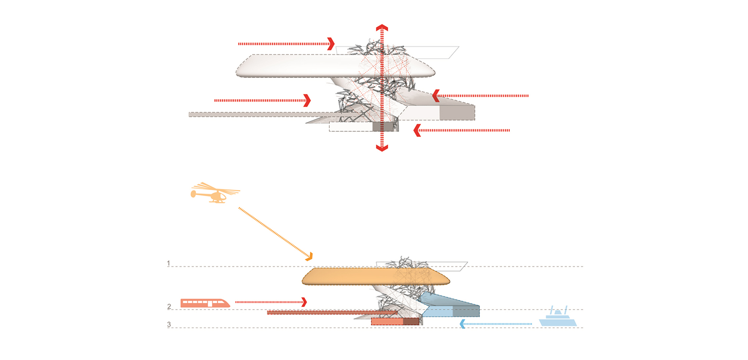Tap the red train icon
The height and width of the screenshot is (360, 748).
[205, 303]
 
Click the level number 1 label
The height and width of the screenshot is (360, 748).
[168, 264]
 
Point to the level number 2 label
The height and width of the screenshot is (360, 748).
[169, 307]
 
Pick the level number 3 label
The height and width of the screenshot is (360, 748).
[169, 324]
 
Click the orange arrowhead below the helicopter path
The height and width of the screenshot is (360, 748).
[309, 257]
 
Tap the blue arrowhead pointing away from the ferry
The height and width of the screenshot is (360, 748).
[463, 324]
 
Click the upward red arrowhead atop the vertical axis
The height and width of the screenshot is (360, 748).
[382, 28]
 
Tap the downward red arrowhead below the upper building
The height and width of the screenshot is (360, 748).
[382, 148]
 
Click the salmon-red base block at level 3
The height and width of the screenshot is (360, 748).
[387, 321]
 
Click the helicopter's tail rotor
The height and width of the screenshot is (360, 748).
[193, 194]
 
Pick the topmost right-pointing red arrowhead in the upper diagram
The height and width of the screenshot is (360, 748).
[331, 44]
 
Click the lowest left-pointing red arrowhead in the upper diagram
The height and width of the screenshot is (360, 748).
[417, 130]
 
